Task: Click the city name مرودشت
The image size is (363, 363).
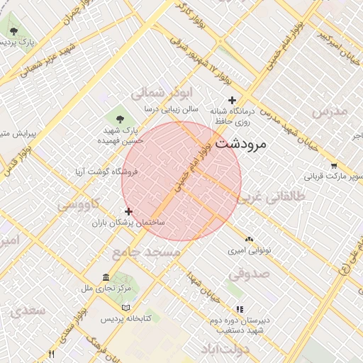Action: [240, 143]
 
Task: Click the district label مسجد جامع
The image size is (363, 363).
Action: [138, 252]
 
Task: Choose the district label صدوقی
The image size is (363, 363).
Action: [249, 272]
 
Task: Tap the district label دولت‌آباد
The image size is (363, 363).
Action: [225, 350]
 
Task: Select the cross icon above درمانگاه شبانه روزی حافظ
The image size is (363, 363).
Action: [232, 100]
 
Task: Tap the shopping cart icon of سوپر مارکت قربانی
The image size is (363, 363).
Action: [333, 165]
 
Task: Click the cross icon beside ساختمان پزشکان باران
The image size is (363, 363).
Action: [128, 211]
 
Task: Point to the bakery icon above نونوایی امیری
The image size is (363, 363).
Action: [249, 240]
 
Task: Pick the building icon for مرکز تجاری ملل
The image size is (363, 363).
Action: [106, 277]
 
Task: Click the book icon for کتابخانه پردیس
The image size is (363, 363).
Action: [125, 308]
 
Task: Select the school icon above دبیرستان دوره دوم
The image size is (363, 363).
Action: [239, 309]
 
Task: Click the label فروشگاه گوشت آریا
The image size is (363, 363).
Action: [106, 172]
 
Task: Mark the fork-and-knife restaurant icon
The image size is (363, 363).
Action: [50, 354]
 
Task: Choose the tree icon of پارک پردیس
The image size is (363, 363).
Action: [13, 30]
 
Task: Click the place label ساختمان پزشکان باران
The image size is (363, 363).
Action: [128, 223]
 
